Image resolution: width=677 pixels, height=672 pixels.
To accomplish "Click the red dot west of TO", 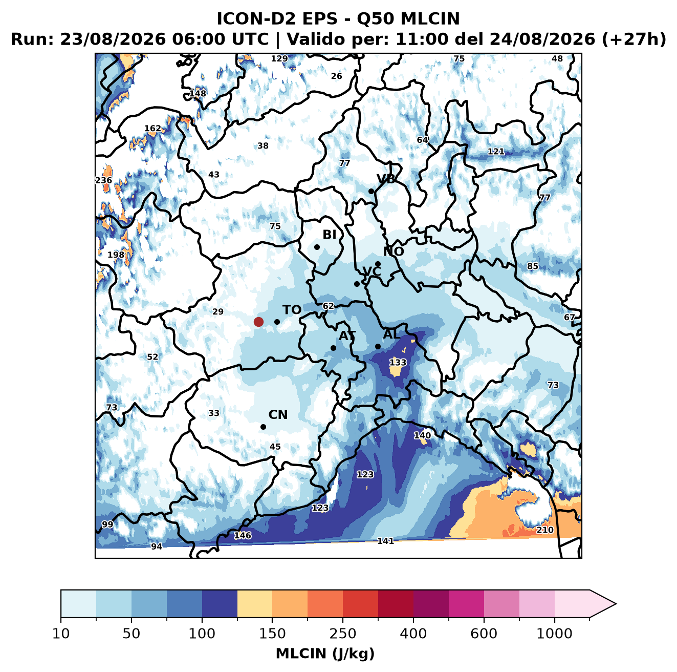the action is pyautogui.click(x=258, y=322).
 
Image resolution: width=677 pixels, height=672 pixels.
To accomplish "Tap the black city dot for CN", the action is pyautogui.click(x=263, y=427).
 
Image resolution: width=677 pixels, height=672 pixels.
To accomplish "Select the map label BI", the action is pyautogui.click(x=329, y=235).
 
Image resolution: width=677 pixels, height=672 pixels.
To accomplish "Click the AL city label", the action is pyautogui.click(x=391, y=334).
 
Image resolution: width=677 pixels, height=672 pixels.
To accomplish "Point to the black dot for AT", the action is pyautogui.click(x=333, y=348).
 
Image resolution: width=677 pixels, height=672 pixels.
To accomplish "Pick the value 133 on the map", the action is pyautogui.click(x=398, y=362).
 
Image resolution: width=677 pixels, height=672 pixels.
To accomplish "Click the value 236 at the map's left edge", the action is pyautogui.click(x=104, y=180).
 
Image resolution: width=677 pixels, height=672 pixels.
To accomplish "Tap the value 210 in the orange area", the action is pyautogui.click(x=545, y=530).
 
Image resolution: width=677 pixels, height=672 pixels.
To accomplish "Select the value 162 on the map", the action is pyautogui.click(x=152, y=129).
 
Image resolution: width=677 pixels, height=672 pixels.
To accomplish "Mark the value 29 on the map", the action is pyautogui.click(x=218, y=311).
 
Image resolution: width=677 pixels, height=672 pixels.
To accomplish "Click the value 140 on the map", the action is pyautogui.click(x=422, y=435).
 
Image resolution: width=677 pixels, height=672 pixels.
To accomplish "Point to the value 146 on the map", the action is pyautogui.click(x=243, y=535).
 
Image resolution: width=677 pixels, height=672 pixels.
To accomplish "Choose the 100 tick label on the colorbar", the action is pyautogui.click(x=202, y=634).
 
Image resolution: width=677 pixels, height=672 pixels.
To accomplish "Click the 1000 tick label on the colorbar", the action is pyautogui.click(x=554, y=634).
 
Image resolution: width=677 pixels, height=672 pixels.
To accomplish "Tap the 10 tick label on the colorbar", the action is pyautogui.click(x=61, y=634).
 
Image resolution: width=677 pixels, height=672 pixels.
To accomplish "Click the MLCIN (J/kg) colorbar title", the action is pyautogui.click(x=325, y=654).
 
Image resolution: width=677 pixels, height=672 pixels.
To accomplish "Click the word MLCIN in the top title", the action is pyautogui.click(x=430, y=18).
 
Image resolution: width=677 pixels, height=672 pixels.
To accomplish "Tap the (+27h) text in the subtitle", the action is pyautogui.click(x=634, y=39).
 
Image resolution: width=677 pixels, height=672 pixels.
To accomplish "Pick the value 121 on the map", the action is pyautogui.click(x=496, y=152).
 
